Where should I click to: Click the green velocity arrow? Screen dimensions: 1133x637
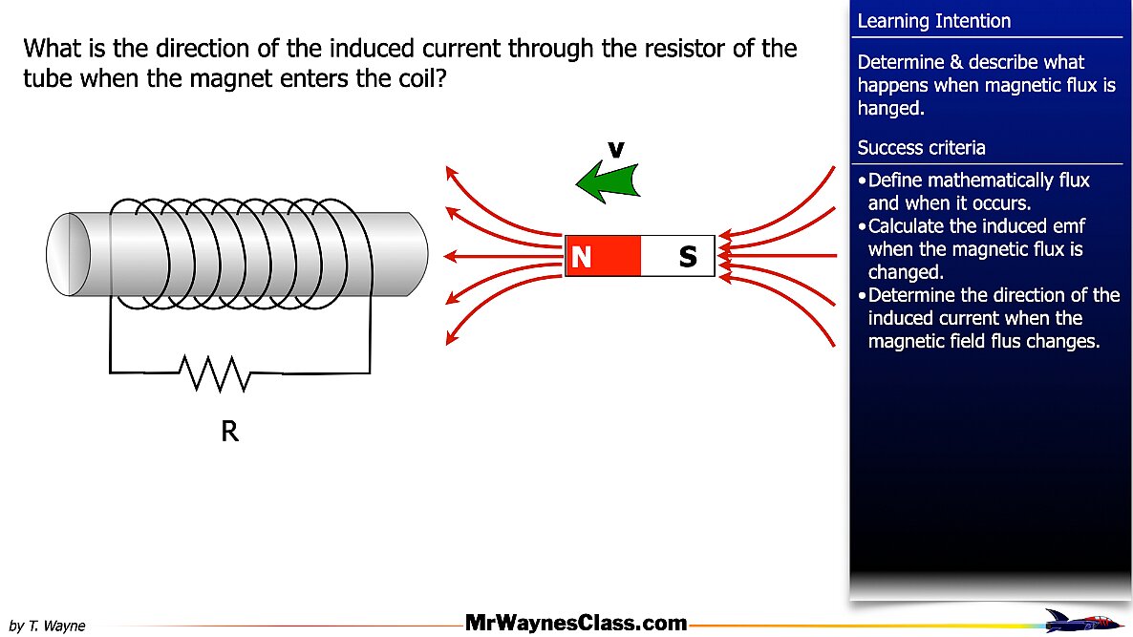tap(609, 181)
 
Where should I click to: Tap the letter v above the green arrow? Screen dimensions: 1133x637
tap(615, 150)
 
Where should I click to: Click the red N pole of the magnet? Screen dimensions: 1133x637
tap(602, 256)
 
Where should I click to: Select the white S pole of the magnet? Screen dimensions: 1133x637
tap(677, 256)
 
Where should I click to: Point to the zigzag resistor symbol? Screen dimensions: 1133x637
tap(215, 373)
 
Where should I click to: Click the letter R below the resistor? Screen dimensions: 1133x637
tap(230, 431)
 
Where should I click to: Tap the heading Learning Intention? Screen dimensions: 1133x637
tap(933, 21)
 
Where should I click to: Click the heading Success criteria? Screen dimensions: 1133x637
tap(921, 148)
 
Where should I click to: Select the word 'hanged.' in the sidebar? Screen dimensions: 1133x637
tap(891, 108)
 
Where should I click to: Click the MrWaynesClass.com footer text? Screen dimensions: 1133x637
tap(576, 623)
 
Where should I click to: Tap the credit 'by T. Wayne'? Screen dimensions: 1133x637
tap(47, 626)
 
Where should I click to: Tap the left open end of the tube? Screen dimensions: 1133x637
tap(69, 254)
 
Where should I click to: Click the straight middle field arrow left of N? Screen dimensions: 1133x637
tap(503, 256)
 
